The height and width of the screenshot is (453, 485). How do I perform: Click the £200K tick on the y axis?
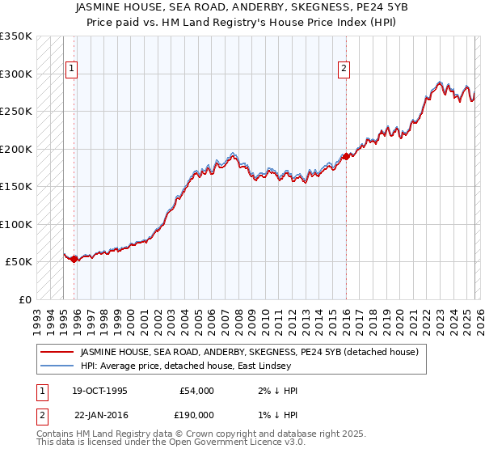[x=16, y=149]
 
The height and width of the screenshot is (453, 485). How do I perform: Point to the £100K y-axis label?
[x=16, y=224]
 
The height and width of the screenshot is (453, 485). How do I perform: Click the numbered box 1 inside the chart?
[x=72, y=70]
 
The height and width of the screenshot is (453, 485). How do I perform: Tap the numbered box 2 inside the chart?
[x=344, y=70]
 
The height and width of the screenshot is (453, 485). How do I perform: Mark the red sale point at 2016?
[x=346, y=156]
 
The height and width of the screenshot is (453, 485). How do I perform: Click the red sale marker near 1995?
[x=74, y=259]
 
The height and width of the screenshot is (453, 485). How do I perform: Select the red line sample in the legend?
[x=57, y=352]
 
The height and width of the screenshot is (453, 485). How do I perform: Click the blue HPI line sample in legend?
[x=57, y=366]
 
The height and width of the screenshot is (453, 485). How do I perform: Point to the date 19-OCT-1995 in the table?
[x=99, y=391]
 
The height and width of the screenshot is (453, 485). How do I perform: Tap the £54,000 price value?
[x=195, y=391]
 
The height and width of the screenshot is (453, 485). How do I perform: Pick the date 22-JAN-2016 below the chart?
[x=99, y=414]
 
